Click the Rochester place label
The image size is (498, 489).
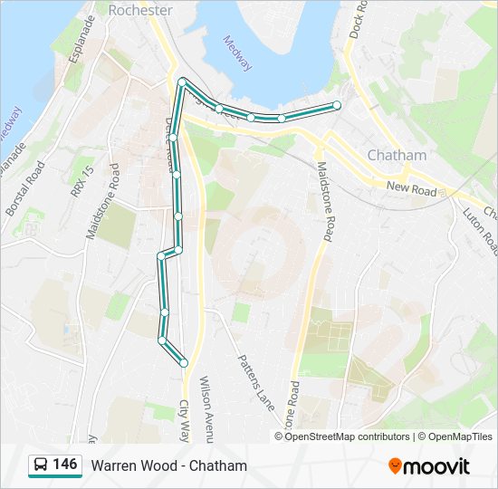tap(139, 10)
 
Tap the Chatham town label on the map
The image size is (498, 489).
tap(397, 155)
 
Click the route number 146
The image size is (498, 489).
tap(65, 465)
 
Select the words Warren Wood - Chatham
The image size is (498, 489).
tap(168, 465)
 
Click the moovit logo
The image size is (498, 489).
tap(429, 466)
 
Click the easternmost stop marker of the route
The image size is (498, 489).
tap(337, 106)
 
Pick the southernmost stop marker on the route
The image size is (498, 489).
tap(184, 362)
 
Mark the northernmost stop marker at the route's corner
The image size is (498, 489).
tap(183, 82)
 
